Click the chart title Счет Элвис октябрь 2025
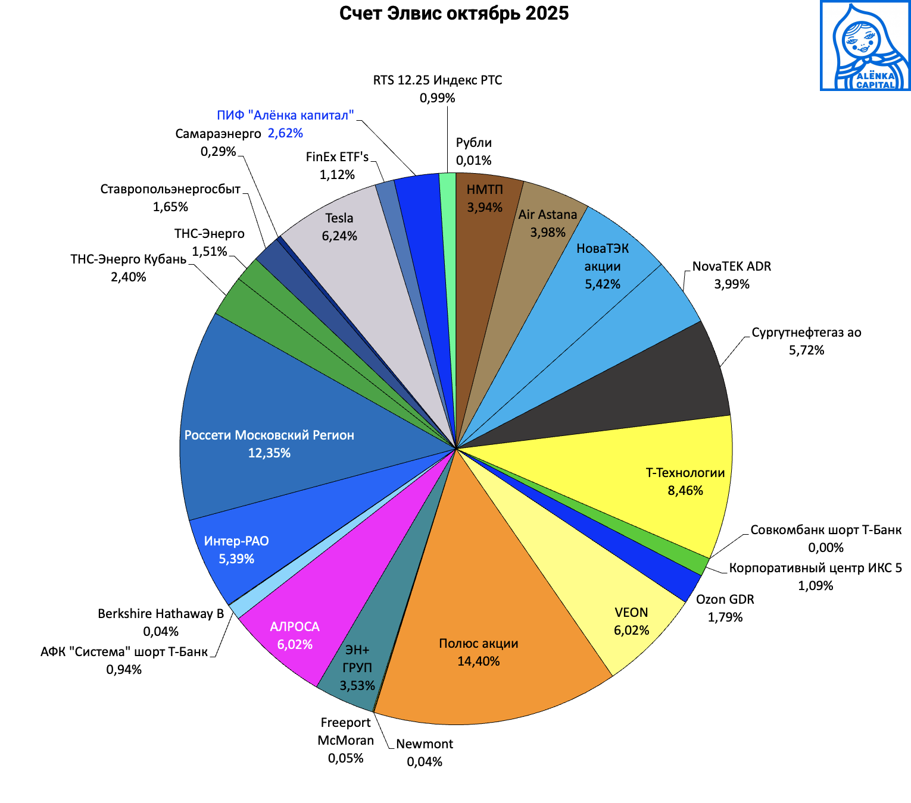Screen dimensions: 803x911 coord(454,13)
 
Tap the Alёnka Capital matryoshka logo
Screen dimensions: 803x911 coord(865,46)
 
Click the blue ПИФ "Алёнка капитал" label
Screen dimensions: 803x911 coord(285,115)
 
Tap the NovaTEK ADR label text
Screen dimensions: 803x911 coord(731,266)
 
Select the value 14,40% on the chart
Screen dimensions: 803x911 coord(478,661)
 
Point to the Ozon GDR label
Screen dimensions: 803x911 coord(725,600)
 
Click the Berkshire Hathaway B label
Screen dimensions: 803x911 coord(161,614)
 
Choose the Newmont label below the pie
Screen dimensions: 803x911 coord(425,744)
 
